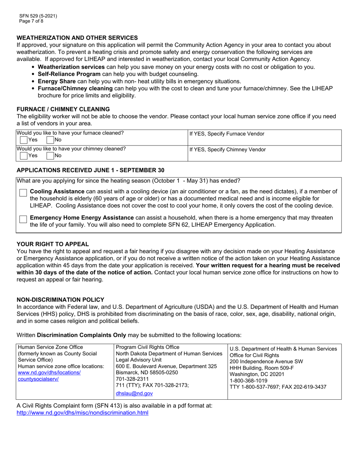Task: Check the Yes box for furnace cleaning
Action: (23, 140)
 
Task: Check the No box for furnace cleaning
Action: (51, 140)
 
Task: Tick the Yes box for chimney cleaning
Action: (23, 155)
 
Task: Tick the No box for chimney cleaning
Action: (51, 155)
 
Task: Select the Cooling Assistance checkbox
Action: (23, 193)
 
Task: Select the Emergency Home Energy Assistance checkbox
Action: (23, 219)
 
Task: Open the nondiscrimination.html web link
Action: (83, 413)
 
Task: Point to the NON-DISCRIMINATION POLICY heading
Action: (60, 299)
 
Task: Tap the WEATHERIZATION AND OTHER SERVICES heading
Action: (77, 38)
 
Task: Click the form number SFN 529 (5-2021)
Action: (38, 16)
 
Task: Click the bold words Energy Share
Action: (55, 81)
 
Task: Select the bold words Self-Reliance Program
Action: (69, 74)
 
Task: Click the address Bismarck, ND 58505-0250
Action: (147, 372)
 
